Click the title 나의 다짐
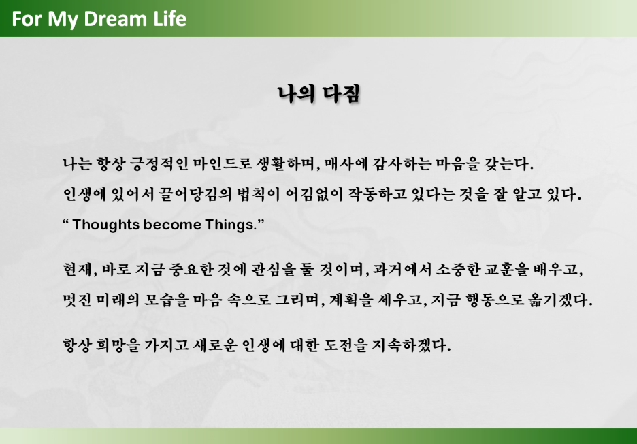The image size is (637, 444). (318, 94)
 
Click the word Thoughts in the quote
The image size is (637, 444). (105, 225)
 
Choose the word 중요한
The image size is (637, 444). (191, 270)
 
